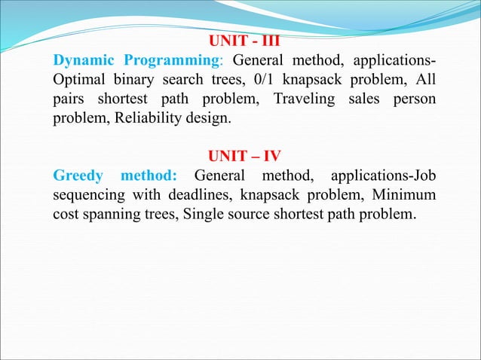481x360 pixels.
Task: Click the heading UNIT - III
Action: click(x=244, y=41)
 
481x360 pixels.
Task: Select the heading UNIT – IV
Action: click(x=244, y=157)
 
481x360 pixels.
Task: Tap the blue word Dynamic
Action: click(x=82, y=60)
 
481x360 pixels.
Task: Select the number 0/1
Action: click(x=253, y=80)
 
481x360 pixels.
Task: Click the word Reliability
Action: click(x=143, y=119)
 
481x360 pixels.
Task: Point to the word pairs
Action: click(x=69, y=99)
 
